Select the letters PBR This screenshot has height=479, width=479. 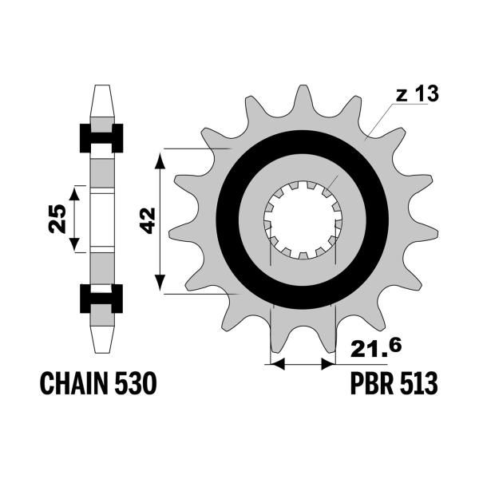point(371,385)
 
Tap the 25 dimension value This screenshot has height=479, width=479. point(57,218)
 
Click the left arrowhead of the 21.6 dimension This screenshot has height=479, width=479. point(278,364)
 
